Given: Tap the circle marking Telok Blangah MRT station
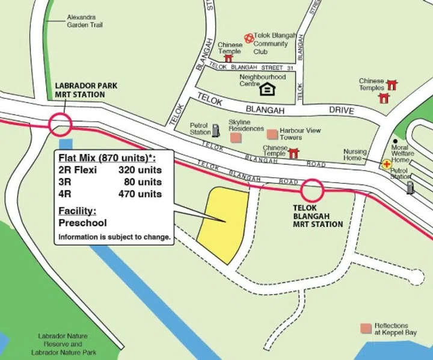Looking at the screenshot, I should [312, 191].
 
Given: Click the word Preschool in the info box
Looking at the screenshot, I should [82, 223].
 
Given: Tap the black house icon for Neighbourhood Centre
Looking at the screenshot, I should [266, 90].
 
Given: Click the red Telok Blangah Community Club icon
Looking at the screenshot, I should [248, 38].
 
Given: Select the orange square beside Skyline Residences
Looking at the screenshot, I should [235, 138].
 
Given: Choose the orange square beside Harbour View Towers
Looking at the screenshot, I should [272, 134].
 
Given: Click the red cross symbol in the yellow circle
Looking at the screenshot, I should [385, 163].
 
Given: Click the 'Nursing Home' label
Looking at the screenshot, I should [355, 155].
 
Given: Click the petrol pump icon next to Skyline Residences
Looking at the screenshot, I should [216, 129].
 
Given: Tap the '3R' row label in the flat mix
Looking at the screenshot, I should [64, 182].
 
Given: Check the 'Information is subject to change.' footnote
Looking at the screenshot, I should [114, 237].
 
